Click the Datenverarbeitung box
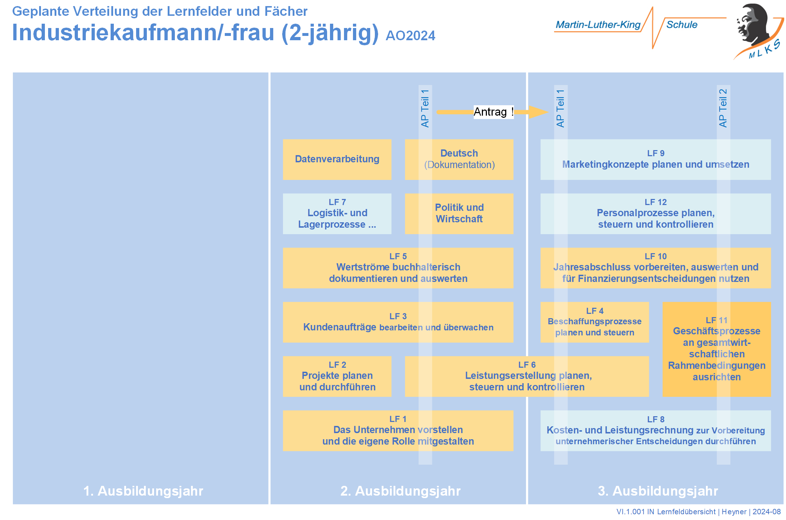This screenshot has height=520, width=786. (x=337, y=159)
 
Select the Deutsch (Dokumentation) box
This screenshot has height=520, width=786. (x=459, y=159)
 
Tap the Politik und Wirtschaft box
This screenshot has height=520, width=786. (x=459, y=214)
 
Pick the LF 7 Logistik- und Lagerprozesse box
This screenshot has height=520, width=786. (x=337, y=214)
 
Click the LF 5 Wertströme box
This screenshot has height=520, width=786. (x=398, y=268)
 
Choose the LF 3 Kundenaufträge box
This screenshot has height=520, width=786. (x=398, y=322)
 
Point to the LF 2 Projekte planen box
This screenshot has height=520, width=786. (x=337, y=376)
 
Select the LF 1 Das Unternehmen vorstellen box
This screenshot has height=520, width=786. (x=398, y=431)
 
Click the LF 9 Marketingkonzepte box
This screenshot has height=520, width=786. (x=655, y=159)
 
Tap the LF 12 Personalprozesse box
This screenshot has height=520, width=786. (x=655, y=214)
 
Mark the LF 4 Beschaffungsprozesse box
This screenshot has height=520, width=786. (x=594, y=322)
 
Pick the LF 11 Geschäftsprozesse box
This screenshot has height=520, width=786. (x=716, y=349)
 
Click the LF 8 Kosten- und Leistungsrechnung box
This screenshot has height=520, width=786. (x=655, y=431)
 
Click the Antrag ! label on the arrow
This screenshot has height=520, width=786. (x=493, y=112)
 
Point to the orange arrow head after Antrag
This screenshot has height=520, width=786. (x=538, y=112)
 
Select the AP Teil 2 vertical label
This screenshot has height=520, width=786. (x=723, y=108)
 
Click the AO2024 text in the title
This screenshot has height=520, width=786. (x=410, y=36)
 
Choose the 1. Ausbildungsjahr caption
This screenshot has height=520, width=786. (x=143, y=491)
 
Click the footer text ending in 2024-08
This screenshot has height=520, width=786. (x=698, y=512)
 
